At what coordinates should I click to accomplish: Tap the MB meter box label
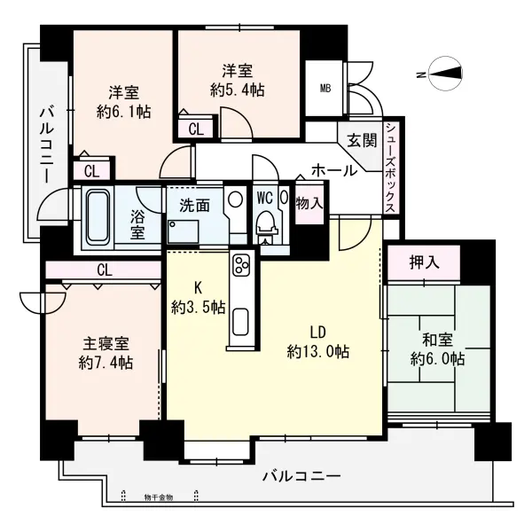click(325, 88)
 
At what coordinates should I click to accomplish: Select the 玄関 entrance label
click(361, 139)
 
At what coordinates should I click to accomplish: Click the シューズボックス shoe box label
click(390, 168)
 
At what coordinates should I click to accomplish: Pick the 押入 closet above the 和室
click(424, 262)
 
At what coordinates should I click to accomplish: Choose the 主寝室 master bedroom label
click(105, 342)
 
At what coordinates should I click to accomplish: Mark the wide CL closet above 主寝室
click(104, 269)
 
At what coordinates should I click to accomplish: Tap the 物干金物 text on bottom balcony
click(159, 497)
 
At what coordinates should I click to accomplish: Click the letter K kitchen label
click(199, 287)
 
